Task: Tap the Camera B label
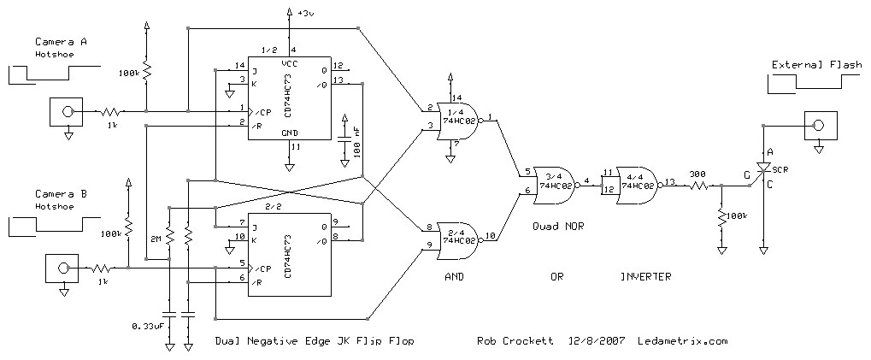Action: tap(61, 194)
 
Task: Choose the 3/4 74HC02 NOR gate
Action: tap(557, 183)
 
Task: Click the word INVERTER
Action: tap(645, 276)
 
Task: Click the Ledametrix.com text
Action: tap(682, 340)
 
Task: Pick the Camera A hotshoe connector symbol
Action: tap(62, 111)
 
